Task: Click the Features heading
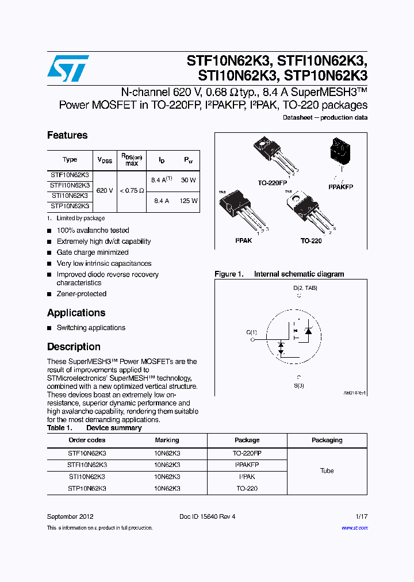coord(67,135)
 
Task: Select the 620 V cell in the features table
coord(105,190)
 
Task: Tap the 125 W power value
coord(189,201)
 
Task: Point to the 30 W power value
coord(189,180)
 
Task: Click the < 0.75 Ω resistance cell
coord(132,190)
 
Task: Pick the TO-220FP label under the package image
coord(273,182)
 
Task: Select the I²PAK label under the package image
coord(243,240)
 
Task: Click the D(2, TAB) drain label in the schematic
coord(305,288)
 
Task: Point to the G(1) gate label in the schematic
coord(252,332)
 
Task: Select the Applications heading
coord(76,313)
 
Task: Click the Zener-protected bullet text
coord(81,294)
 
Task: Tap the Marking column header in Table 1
coord(167,440)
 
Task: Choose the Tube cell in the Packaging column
coord(327,470)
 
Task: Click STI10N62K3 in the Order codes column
coord(87,477)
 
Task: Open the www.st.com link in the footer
coord(354,527)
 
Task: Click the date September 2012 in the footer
coord(70,516)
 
